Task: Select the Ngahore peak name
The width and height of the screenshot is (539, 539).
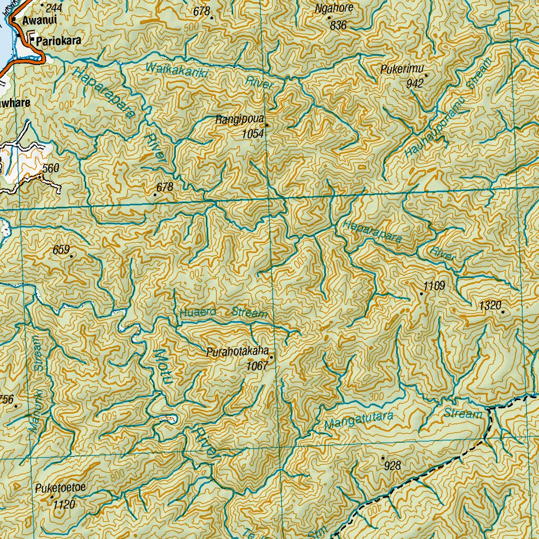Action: pyautogui.click(x=334, y=8)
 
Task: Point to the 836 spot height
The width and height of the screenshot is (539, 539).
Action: pyautogui.click(x=338, y=25)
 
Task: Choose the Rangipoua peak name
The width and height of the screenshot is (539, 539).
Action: pyautogui.click(x=239, y=120)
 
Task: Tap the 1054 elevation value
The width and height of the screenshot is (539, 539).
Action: pyautogui.click(x=253, y=134)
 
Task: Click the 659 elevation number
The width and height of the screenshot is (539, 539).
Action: pyautogui.click(x=61, y=250)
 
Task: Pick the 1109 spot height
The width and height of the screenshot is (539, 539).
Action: pyautogui.click(x=434, y=286)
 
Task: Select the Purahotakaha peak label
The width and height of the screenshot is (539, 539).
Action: pyautogui.click(x=238, y=351)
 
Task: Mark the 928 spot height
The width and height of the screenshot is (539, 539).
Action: pyautogui.click(x=393, y=465)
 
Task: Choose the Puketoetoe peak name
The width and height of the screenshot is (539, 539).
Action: pyautogui.click(x=61, y=487)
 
